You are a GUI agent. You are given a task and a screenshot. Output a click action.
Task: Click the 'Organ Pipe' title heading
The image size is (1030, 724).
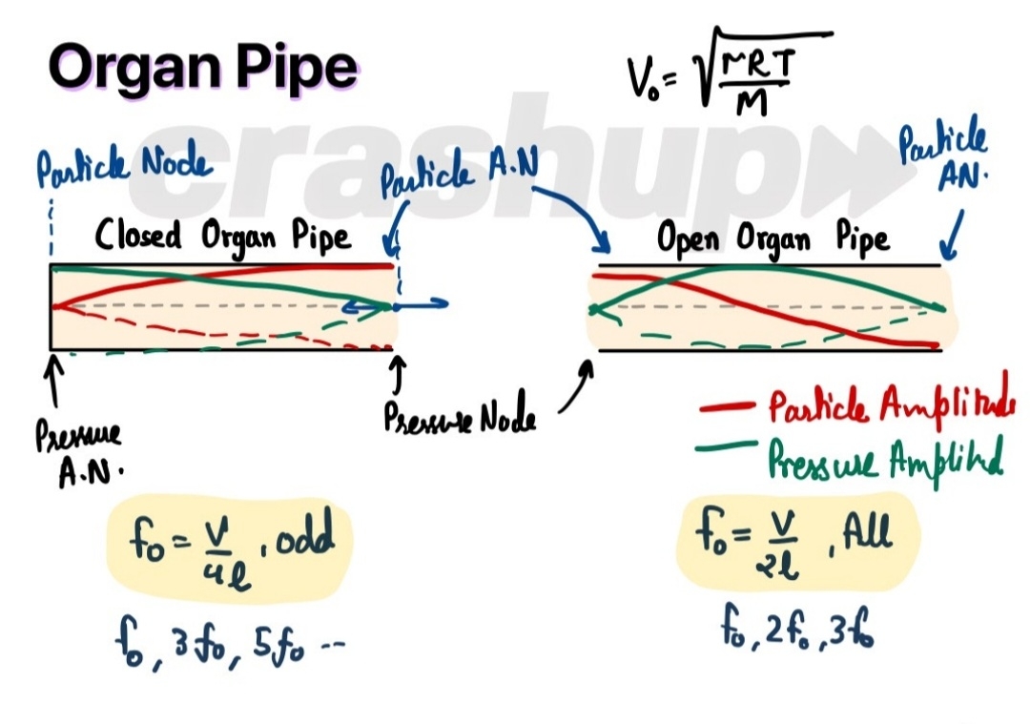click(203, 69)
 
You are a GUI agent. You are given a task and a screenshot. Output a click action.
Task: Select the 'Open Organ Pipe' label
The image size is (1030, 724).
click(773, 238)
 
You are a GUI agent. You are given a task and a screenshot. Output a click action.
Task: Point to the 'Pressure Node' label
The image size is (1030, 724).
click(459, 416)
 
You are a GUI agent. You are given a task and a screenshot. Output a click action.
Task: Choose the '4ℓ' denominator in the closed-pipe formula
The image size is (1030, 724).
click(215, 565)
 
